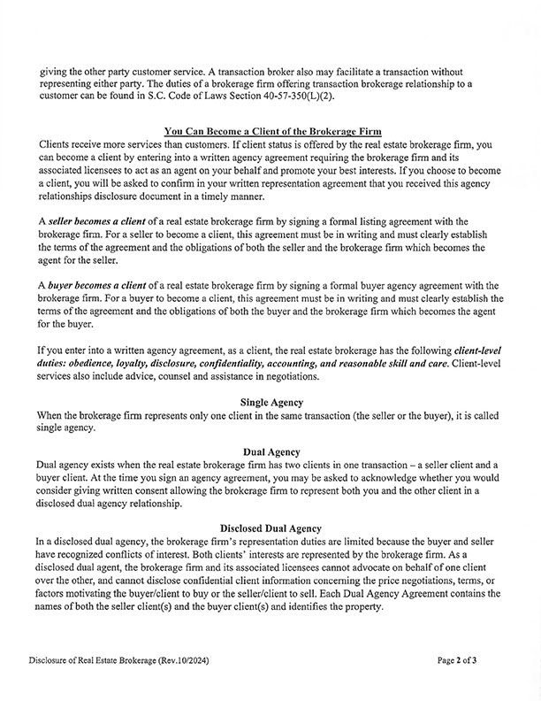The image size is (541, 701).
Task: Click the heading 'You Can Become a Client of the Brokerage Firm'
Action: pos(270,130)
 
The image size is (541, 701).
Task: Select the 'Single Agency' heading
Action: pos(270,402)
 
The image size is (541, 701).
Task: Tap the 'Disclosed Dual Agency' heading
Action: pos(270,526)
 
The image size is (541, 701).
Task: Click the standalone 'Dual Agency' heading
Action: pos(270,451)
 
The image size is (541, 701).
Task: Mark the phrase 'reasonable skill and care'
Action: pos(423,364)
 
